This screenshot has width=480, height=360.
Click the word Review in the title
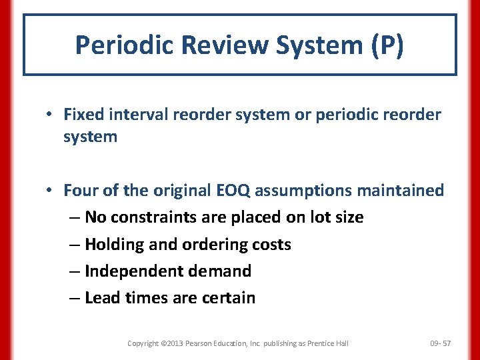(x=211, y=45)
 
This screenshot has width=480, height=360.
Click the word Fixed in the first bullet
(x=81, y=115)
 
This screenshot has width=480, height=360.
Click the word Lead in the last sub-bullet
(x=101, y=298)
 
